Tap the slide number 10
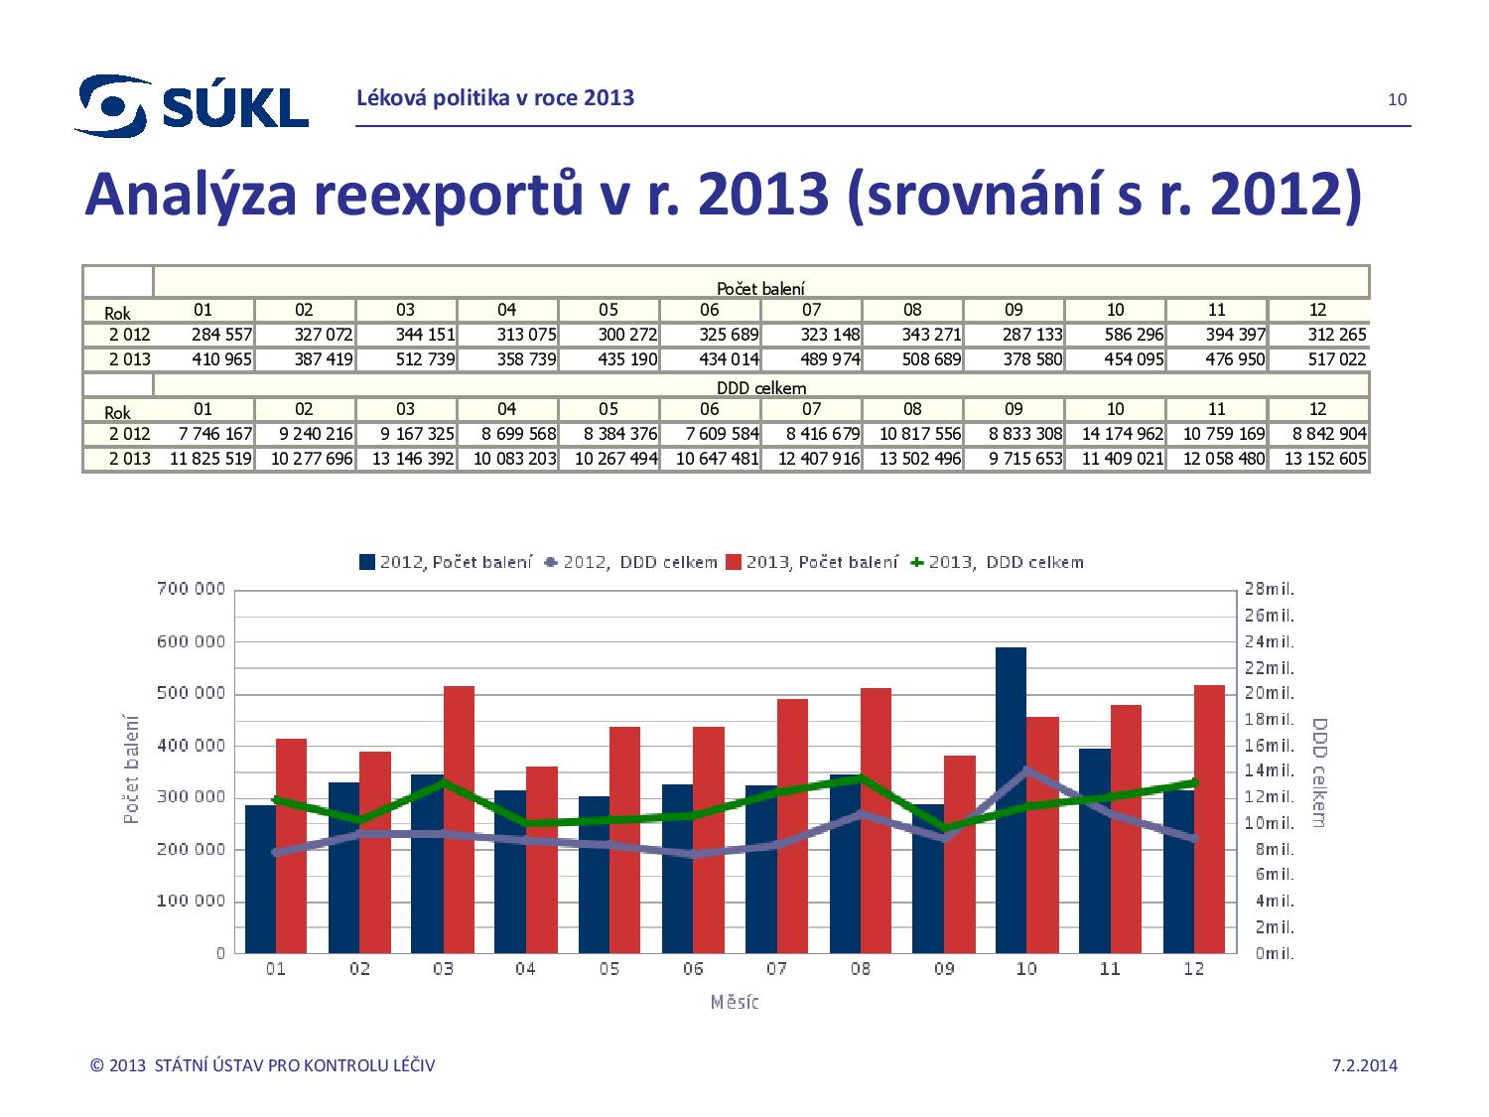coord(1397,99)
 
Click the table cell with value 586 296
coord(1116,335)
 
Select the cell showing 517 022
coord(1318,359)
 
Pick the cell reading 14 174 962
coord(1116,434)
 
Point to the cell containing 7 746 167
coord(204,434)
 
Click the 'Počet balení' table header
coord(760,288)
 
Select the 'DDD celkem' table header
coord(760,388)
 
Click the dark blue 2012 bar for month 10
coord(1011,799)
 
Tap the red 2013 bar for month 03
coord(459,819)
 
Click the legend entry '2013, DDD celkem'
coord(997,562)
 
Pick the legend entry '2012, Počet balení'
coord(446,562)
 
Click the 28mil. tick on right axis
coord(1269,589)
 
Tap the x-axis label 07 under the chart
coord(777,969)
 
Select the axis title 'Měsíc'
coord(736,1002)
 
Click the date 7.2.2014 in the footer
coord(1364,1066)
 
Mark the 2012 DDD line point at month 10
coord(1027,770)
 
